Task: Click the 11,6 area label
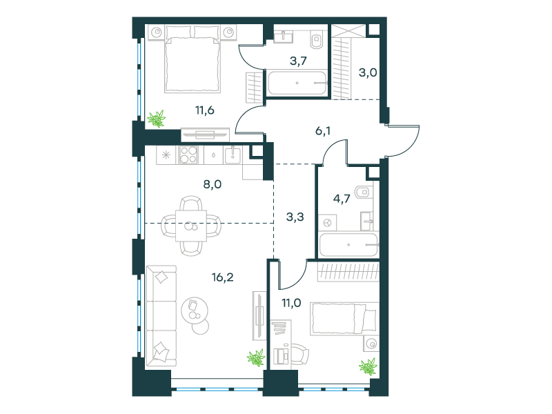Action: click(205, 110)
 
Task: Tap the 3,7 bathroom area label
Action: click(298, 61)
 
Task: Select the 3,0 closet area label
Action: click(368, 73)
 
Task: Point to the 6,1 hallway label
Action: click(323, 131)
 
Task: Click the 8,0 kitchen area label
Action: click(213, 184)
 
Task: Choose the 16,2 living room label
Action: click(222, 277)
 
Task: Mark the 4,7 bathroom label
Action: click(342, 199)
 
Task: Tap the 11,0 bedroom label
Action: click(291, 302)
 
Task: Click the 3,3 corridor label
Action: click(295, 217)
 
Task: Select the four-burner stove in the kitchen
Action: click(188, 155)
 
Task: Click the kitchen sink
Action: click(233, 155)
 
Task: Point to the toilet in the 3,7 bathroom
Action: click(317, 40)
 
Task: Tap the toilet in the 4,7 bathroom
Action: click(363, 193)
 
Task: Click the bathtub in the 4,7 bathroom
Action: click(348, 244)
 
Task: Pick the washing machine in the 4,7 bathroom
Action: click(327, 222)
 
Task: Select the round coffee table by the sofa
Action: click(195, 311)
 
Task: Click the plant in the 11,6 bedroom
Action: click(157, 119)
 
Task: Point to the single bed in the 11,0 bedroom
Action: click(344, 319)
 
